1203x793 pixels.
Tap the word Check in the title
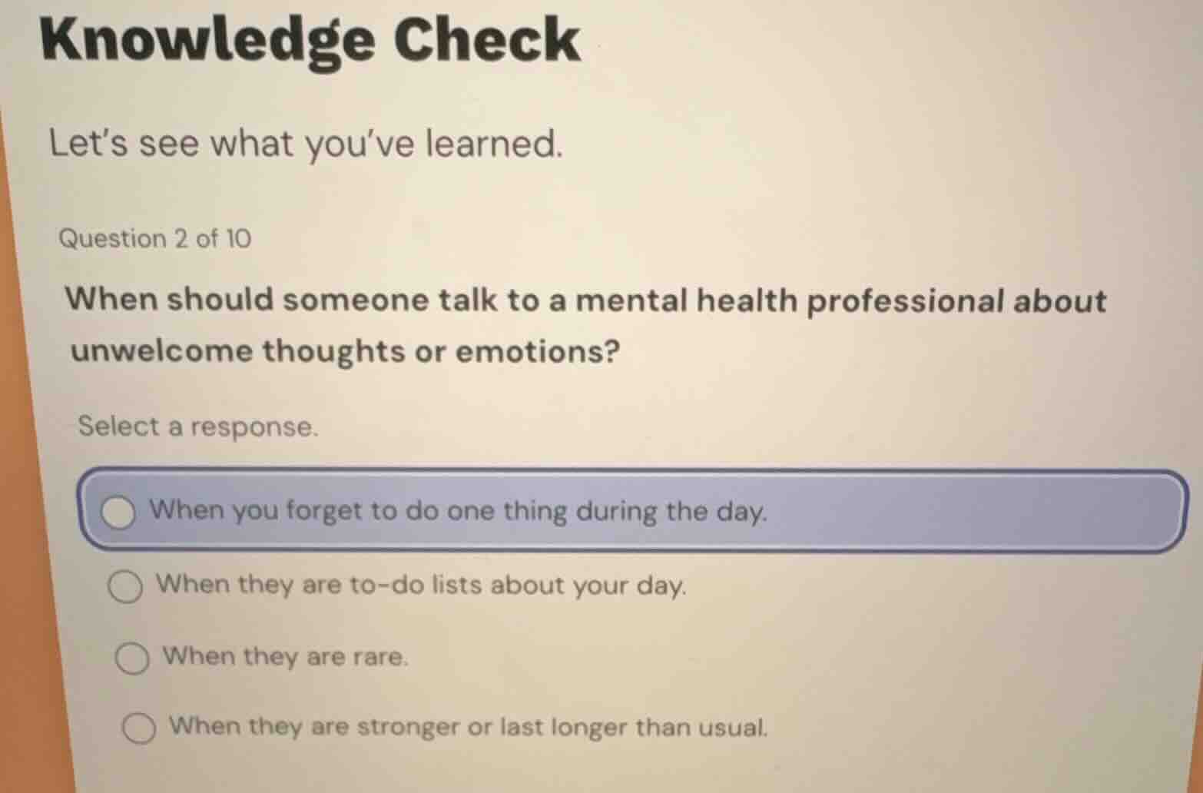click(x=487, y=40)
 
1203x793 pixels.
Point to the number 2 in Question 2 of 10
click(x=181, y=239)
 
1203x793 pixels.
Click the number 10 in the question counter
click(x=237, y=239)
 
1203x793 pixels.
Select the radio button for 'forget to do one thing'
click(x=119, y=513)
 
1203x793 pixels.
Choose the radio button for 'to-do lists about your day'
click(x=125, y=588)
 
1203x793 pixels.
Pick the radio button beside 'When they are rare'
click(x=132, y=659)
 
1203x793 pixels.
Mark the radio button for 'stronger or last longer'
click(x=139, y=728)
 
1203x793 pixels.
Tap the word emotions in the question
click(x=538, y=351)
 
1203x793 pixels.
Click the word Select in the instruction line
click(x=118, y=426)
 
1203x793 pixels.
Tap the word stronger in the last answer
click(x=408, y=727)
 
